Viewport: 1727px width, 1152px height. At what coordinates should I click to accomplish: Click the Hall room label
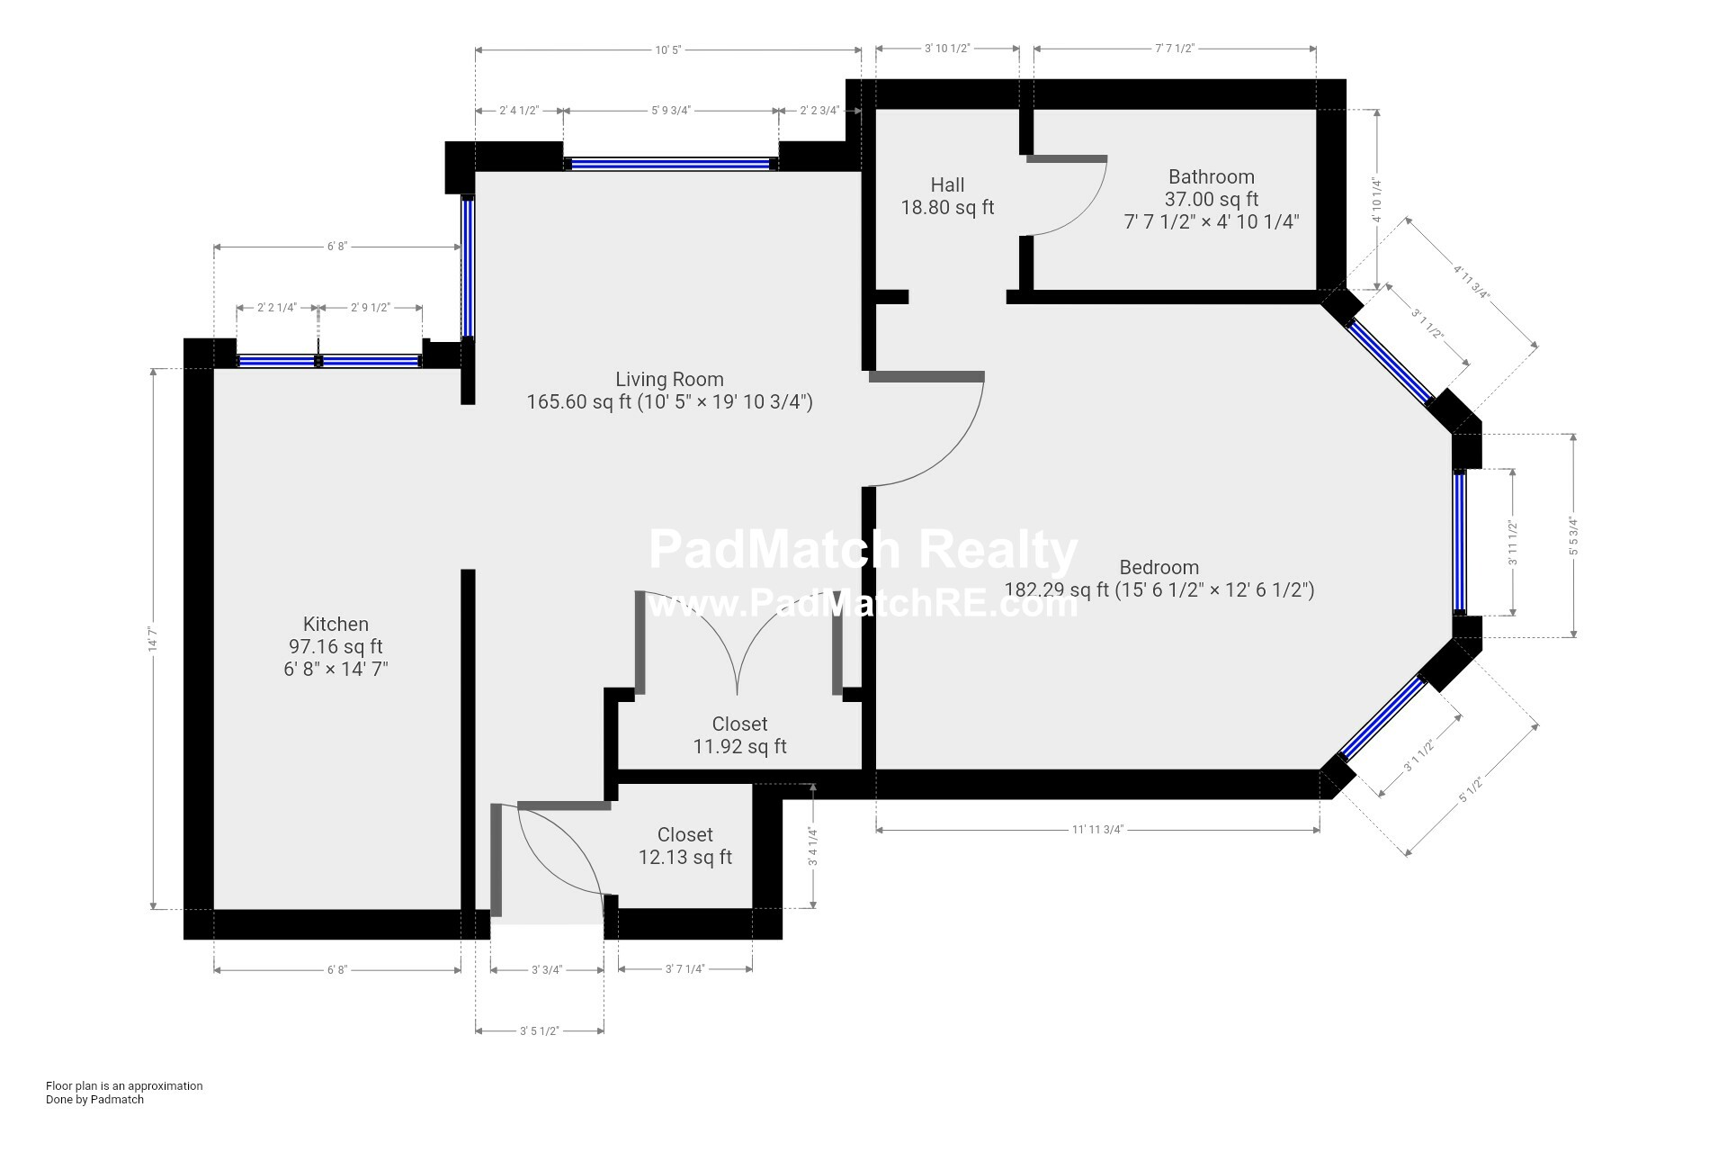click(947, 185)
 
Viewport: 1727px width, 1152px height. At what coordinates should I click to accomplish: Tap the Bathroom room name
click(1211, 177)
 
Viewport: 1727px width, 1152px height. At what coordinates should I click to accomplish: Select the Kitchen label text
click(336, 625)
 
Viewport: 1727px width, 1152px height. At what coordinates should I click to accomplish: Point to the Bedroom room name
click(1159, 568)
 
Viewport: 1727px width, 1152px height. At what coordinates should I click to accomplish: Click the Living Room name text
click(669, 380)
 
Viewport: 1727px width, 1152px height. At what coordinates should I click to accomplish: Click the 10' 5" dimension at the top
click(668, 49)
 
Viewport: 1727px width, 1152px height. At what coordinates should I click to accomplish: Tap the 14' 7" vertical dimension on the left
click(153, 639)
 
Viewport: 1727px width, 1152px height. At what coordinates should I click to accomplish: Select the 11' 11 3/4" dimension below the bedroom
click(1097, 830)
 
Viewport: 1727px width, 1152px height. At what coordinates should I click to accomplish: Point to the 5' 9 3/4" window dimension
click(671, 111)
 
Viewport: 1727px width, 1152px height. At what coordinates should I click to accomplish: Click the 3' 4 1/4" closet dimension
click(813, 847)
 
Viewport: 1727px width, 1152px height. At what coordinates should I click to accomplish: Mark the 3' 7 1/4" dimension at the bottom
click(685, 969)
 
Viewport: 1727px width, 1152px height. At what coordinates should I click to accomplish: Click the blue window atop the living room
click(671, 164)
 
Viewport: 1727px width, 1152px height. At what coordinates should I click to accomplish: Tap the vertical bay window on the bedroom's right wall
click(1459, 543)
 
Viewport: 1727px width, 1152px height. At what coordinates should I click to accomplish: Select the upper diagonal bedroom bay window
click(1391, 362)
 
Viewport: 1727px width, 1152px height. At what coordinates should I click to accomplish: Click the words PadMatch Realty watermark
click(863, 550)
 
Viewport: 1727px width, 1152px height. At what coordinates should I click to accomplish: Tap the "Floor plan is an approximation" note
click(124, 1085)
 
